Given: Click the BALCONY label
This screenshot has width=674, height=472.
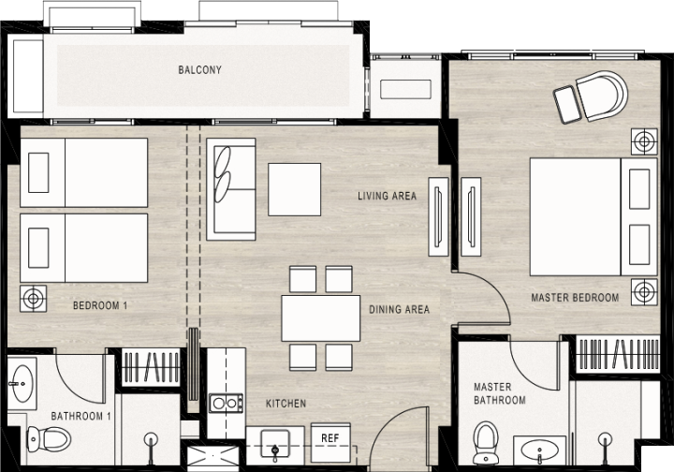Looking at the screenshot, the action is pyautogui.click(x=200, y=69).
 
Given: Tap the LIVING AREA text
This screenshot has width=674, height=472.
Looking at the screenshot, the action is pyautogui.click(x=388, y=196).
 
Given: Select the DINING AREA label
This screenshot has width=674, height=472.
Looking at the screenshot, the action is pyautogui.click(x=400, y=309).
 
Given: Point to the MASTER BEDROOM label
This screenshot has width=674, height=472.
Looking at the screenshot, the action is pyautogui.click(x=575, y=298).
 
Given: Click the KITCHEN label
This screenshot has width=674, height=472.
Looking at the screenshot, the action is pyautogui.click(x=286, y=404).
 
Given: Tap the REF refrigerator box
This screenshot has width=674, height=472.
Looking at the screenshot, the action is pyautogui.click(x=330, y=442).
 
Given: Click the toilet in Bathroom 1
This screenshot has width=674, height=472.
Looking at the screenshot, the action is pyautogui.click(x=49, y=439).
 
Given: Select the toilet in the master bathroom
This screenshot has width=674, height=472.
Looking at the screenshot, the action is pyautogui.click(x=485, y=443).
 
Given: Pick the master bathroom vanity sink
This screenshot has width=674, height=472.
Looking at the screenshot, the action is pyautogui.click(x=539, y=450).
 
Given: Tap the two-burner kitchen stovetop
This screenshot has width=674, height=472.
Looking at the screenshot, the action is pyautogui.click(x=226, y=404).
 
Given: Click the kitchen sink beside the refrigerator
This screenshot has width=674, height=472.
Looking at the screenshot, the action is pyautogui.click(x=275, y=444).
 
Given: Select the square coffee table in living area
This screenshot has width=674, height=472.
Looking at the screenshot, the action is pyautogui.click(x=295, y=189).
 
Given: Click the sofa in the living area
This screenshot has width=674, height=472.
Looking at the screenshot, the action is pyautogui.click(x=231, y=189).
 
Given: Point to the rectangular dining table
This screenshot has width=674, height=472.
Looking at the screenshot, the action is pyautogui.click(x=321, y=318).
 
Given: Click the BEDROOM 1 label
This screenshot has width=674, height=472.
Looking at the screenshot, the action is pyautogui.click(x=100, y=305).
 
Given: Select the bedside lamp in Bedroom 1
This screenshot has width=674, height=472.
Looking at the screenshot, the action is pyautogui.click(x=33, y=299).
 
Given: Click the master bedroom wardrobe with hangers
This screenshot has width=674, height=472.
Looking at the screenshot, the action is pyautogui.click(x=618, y=354).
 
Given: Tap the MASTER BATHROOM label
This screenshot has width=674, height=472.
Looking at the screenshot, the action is pyautogui.click(x=500, y=393).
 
